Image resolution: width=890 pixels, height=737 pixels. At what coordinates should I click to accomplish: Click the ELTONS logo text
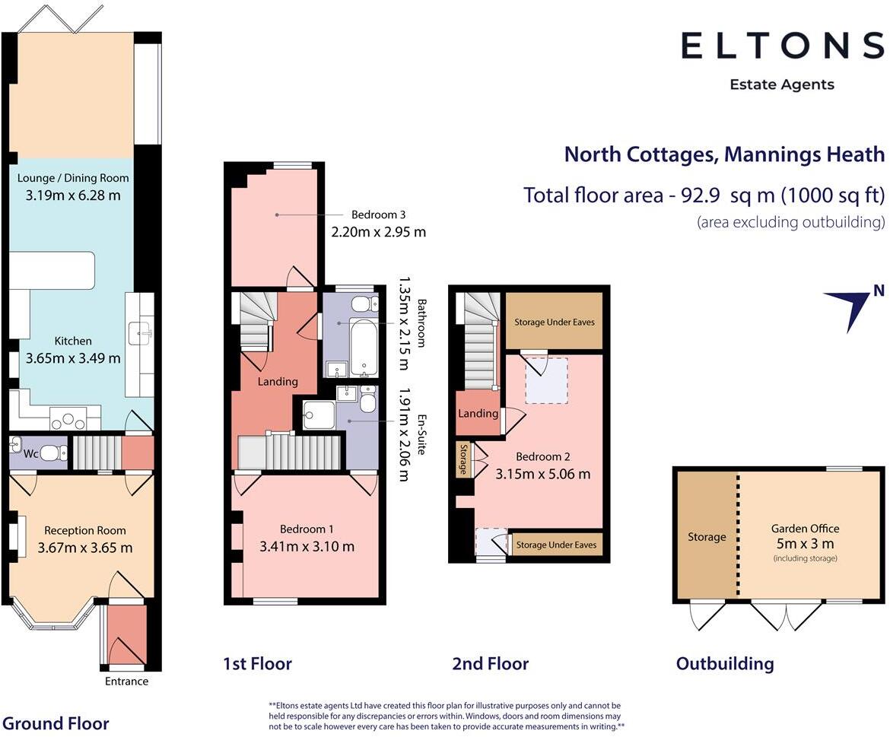[783, 46]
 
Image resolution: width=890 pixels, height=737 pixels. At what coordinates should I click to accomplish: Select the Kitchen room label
[73, 341]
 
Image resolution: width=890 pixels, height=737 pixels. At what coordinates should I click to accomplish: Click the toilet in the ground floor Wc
[54, 453]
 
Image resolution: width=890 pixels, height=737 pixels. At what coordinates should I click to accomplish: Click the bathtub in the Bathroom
[363, 345]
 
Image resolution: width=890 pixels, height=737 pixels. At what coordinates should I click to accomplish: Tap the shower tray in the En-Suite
[319, 415]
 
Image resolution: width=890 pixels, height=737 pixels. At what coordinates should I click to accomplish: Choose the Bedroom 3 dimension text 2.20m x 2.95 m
[379, 231]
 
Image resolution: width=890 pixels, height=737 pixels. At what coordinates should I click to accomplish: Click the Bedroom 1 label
[307, 529]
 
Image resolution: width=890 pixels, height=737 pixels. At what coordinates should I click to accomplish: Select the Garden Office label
[805, 528]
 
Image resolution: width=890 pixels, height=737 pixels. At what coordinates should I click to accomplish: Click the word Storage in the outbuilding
[707, 537]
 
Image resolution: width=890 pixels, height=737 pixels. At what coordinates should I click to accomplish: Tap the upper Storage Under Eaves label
[555, 322]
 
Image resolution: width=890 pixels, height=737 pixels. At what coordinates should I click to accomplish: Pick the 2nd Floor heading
[491, 663]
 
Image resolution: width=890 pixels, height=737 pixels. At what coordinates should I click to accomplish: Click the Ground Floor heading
[56, 723]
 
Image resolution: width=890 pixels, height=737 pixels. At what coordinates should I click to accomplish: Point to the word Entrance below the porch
[126, 681]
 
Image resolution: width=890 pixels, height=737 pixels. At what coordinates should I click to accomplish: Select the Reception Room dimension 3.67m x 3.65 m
[85, 548]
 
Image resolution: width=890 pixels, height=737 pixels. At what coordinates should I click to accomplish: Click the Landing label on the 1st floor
[278, 381]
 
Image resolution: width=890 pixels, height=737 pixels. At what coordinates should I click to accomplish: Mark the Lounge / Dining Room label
[73, 177]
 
